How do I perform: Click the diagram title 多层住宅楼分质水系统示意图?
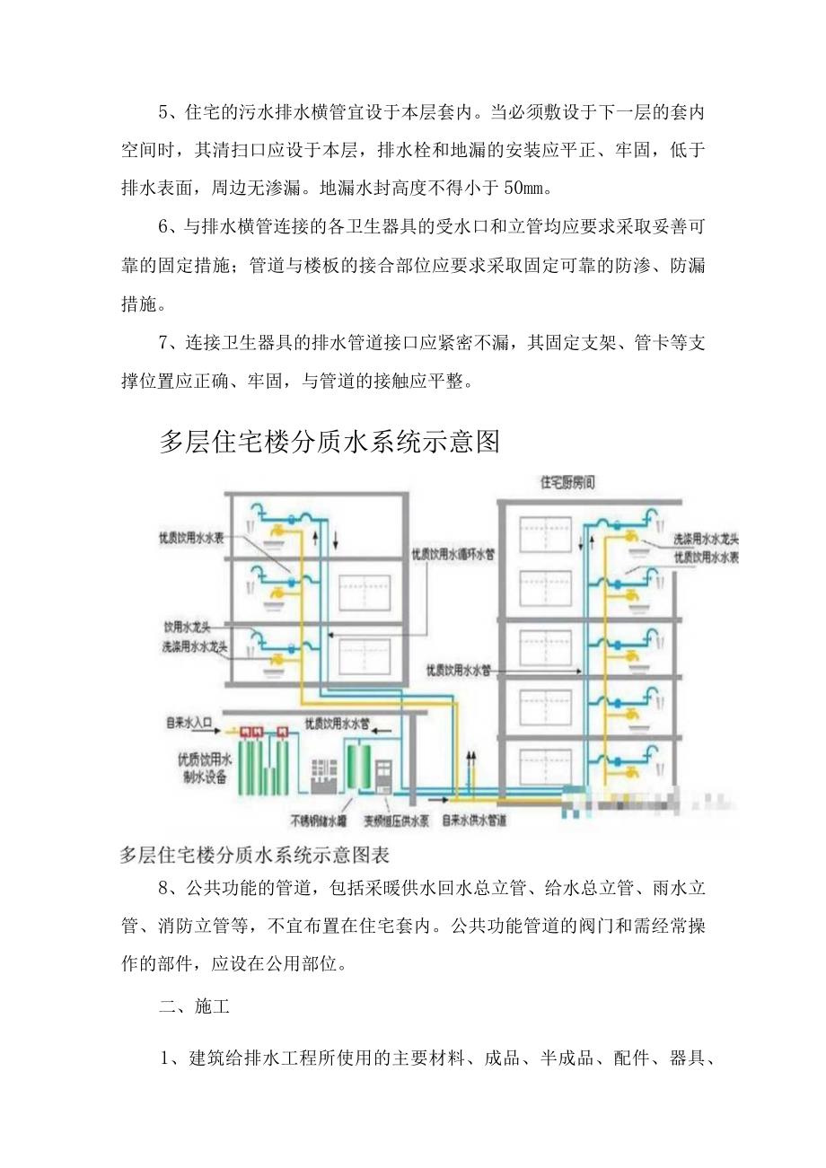(x=329, y=442)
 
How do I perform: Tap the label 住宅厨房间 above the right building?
(x=567, y=482)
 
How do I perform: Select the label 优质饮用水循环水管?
(x=453, y=554)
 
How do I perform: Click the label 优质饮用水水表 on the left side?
(x=193, y=537)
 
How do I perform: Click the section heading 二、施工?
(x=194, y=1006)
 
